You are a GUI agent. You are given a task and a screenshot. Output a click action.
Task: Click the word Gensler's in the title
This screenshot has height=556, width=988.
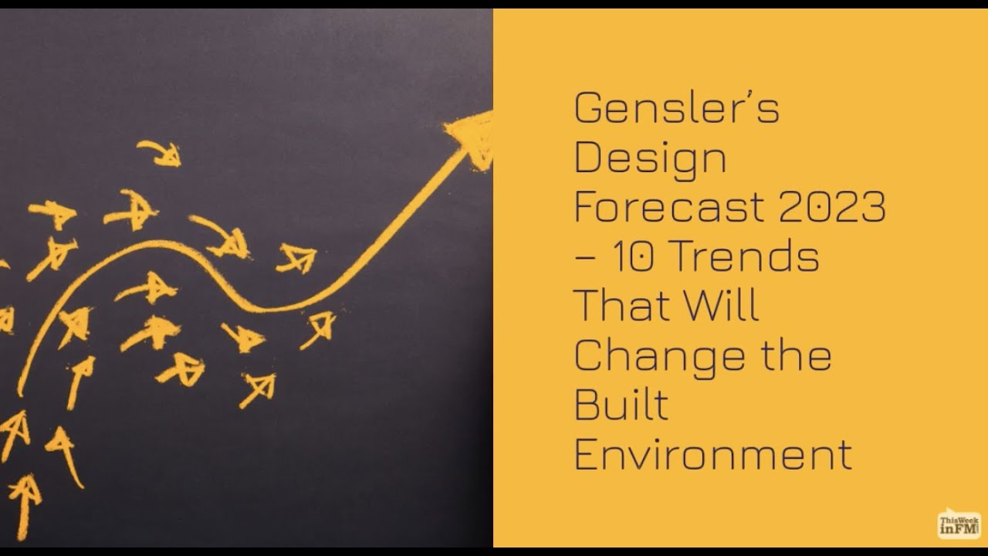click(x=676, y=108)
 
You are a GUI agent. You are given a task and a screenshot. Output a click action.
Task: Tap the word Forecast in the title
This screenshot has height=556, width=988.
click(x=668, y=207)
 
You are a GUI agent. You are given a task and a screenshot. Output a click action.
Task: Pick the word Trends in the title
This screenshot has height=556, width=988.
click(x=746, y=256)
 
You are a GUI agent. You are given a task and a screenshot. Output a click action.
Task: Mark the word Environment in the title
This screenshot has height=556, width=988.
click(x=712, y=453)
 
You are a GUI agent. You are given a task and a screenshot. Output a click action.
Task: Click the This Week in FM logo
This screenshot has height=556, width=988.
click(x=959, y=524)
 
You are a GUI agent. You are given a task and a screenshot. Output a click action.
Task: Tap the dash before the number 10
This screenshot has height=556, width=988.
click(x=584, y=259)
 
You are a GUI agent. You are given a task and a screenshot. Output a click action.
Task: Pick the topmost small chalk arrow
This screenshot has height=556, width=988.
click(x=161, y=152)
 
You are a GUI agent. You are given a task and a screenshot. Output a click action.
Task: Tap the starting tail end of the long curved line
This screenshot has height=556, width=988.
click(x=21, y=391)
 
